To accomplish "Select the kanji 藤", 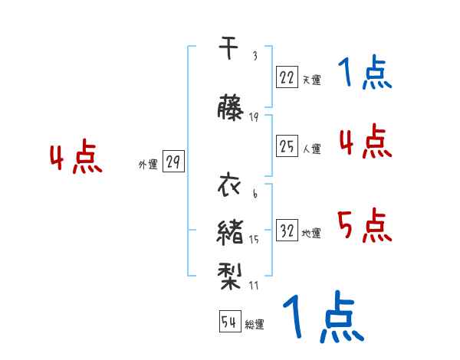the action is (x=230, y=108).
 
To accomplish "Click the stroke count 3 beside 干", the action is (x=255, y=57).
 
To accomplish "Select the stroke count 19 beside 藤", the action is (x=255, y=116).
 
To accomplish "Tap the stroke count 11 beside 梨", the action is (x=255, y=286).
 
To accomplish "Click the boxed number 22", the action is (x=287, y=77).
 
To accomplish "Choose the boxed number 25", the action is (x=287, y=146).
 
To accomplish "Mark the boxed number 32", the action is (x=287, y=231).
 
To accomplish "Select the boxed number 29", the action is (x=173, y=162).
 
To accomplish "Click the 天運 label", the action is (x=312, y=80).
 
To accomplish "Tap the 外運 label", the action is (x=148, y=164).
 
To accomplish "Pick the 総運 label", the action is (x=255, y=325).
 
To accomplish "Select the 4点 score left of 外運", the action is (x=76, y=159).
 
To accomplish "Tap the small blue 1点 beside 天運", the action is (x=365, y=74).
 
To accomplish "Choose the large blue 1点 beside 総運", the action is (x=322, y=318).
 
